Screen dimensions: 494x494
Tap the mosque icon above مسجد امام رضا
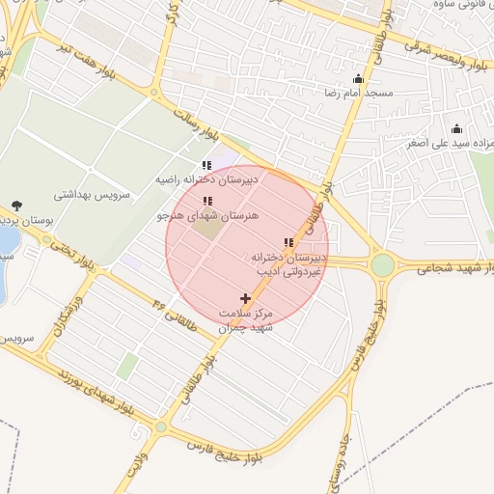(358, 79)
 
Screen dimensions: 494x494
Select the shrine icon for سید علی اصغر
(456, 129)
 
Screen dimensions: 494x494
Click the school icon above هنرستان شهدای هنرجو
(207, 202)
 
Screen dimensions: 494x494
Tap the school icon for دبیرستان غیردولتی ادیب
(288, 243)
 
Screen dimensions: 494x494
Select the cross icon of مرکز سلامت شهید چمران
(245, 299)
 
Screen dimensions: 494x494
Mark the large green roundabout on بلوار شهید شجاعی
(383, 263)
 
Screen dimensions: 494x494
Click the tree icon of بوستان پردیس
(16, 205)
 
